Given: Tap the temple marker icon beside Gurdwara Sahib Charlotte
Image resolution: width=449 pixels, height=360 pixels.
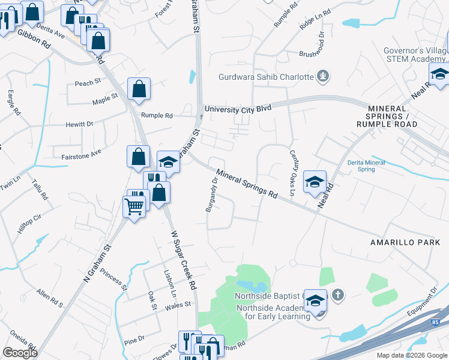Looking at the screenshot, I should [324, 76].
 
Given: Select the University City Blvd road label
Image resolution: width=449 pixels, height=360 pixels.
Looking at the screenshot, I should [238, 109].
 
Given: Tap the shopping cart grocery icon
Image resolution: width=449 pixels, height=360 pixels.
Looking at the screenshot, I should [134, 207].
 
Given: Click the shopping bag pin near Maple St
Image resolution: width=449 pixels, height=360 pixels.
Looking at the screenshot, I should [139, 90].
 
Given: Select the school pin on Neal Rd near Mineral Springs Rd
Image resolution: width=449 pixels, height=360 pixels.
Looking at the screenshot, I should [315, 182].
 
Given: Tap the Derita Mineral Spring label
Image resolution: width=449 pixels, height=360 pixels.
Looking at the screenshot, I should [366, 166].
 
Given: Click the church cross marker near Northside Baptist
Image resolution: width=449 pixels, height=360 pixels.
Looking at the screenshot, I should [338, 295].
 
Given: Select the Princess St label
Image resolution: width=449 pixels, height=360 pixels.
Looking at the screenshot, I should [114, 279].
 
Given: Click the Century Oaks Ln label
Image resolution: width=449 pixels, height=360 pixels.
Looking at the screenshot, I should [292, 173].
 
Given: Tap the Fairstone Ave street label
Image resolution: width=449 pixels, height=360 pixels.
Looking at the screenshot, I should [82, 154].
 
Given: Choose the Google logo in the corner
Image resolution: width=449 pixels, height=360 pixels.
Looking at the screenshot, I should [20, 353].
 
